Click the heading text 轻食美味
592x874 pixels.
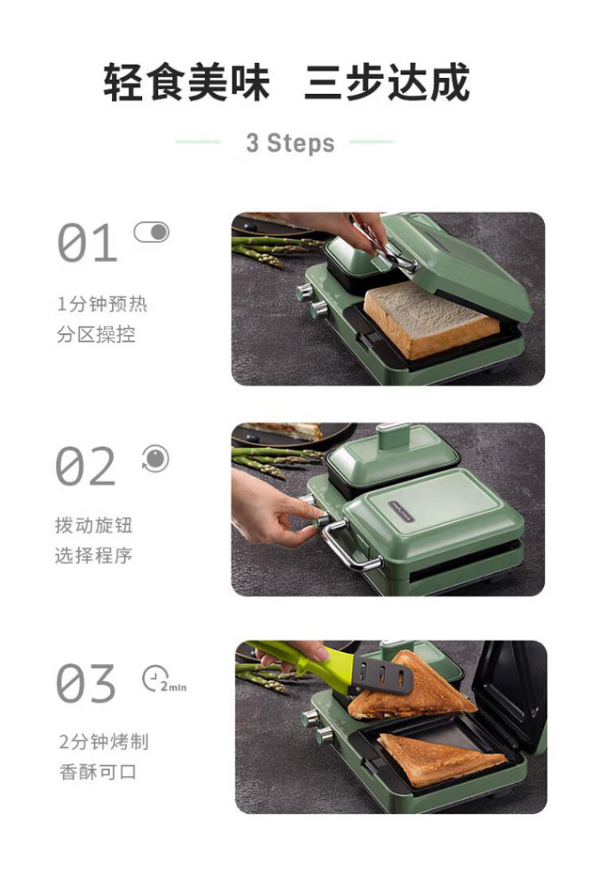pyautogui.click(x=187, y=82)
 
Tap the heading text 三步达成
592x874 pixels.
pyautogui.click(x=387, y=82)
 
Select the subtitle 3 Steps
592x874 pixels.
pyautogui.click(x=290, y=143)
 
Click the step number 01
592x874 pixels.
pyautogui.click(x=87, y=243)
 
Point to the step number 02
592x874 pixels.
pyautogui.click(x=86, y=466)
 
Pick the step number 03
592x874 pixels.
pyautogui.click(x=86, y=684)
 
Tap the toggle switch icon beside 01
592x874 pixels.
pyautogui.click(x=151, y=232)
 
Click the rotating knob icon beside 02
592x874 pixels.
pyautogui.click(x=155, y=458)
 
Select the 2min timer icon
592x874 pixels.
pyautogui.click(x=164, y=679)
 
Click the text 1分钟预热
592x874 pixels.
pyautogui.click(x=103, y=304)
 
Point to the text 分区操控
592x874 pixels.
pyautogui.click(x=96, y=334)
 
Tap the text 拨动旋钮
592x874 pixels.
pyautogui.click(x=94, y=525)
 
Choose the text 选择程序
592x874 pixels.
pyautogui.click(x=94, y=555)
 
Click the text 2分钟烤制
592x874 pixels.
pyautogui.click(x=103, y=742)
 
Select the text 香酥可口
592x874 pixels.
pyautogui.click(x=98, y=772)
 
